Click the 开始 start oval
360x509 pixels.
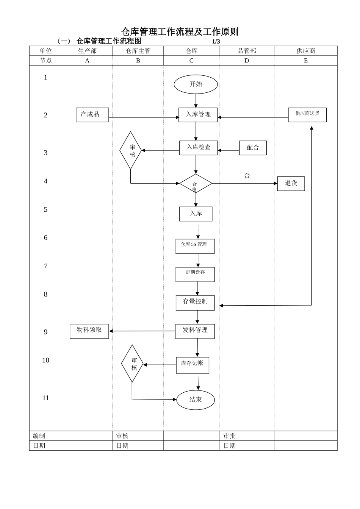click(x=196, y=84)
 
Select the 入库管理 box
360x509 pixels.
click(x=198, y=115)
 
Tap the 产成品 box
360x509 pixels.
click(x=92, y=115)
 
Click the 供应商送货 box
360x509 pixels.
click(x=307, y=115)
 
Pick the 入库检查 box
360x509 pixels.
click(x=198, y=148)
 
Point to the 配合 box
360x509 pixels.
click(x=253, y=148)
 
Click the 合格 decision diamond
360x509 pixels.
click(x=196, y=184)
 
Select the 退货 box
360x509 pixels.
click(x=291, y=184)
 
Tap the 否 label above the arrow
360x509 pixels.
click(x=247, y=176)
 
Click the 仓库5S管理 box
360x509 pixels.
click(x=195, y=246)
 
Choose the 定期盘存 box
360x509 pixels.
click(x=195, y=274)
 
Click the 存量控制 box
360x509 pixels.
click(x=195, y=303)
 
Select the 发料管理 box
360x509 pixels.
click(x=195, y=331)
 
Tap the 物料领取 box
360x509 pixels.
click(x=89, y=331)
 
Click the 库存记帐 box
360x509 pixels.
click(x=192, y=365)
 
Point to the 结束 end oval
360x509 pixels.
click(x=195, y=400)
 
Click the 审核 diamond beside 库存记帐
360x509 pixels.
click(x=132, y=364)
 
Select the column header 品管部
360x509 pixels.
click(x=247, y=51)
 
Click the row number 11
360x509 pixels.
click(x=45, y=398)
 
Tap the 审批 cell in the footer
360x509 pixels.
click(x=230, y=436)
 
